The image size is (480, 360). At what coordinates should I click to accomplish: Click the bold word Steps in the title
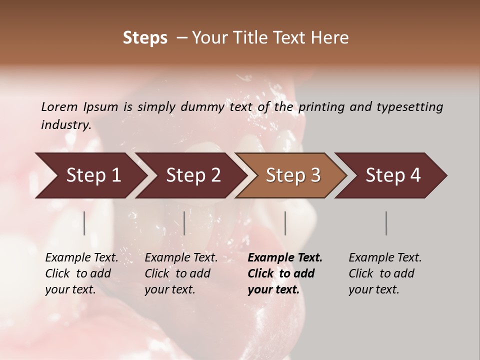click(x=145, y=38)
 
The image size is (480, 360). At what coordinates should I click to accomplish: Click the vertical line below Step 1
click(x=84, y=223)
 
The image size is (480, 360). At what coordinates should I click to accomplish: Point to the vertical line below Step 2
click(x=184, y=223)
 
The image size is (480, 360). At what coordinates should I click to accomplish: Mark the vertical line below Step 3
click(x=285, y=223)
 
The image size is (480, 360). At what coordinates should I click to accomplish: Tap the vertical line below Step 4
click(x=386, y=223)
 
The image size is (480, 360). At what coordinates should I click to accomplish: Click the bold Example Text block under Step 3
click(x=285, y=273)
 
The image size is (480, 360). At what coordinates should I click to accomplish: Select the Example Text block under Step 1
click(x=81, y=273)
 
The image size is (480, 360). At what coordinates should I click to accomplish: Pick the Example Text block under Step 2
click(x=181, y=273)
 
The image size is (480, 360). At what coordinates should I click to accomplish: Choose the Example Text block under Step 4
click(x=385, y=273)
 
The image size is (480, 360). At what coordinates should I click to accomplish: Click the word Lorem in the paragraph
click(x=59, y=107)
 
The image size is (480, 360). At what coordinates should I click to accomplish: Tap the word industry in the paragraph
click(x=66, y=125)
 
